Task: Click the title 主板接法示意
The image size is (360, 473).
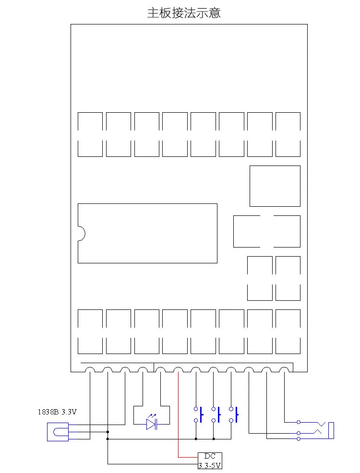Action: click(x=184, y=13)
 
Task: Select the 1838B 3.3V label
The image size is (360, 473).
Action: click(x=57, y=412)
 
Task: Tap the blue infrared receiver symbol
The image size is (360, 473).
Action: click(x=58, y=432)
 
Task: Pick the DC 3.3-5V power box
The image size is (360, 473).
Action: click(x=210, y=461)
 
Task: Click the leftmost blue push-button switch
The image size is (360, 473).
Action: click(x=199, y=415)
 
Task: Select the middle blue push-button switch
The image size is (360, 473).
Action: click(x=216, y=415)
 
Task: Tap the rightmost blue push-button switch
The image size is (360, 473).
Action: click(x=234, y=415)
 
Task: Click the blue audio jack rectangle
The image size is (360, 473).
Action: click(x=331, y=430)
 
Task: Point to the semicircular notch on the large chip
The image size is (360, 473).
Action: click(x=82, y=234)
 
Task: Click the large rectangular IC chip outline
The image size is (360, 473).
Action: click(x=147, y=203)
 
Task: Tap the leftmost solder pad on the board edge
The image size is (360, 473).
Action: click(x=90, y=368)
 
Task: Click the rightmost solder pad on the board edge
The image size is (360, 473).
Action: click(x=284, y=368)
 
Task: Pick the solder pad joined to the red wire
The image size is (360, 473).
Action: click(x=179, y=368)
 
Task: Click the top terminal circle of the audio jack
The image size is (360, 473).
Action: click(x=299, y=422)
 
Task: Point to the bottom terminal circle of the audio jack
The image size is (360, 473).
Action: click(x=299, y=438)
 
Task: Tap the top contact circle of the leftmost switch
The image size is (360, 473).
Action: click(x=196, y=409)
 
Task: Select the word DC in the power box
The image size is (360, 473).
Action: click(x=210, y=456)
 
